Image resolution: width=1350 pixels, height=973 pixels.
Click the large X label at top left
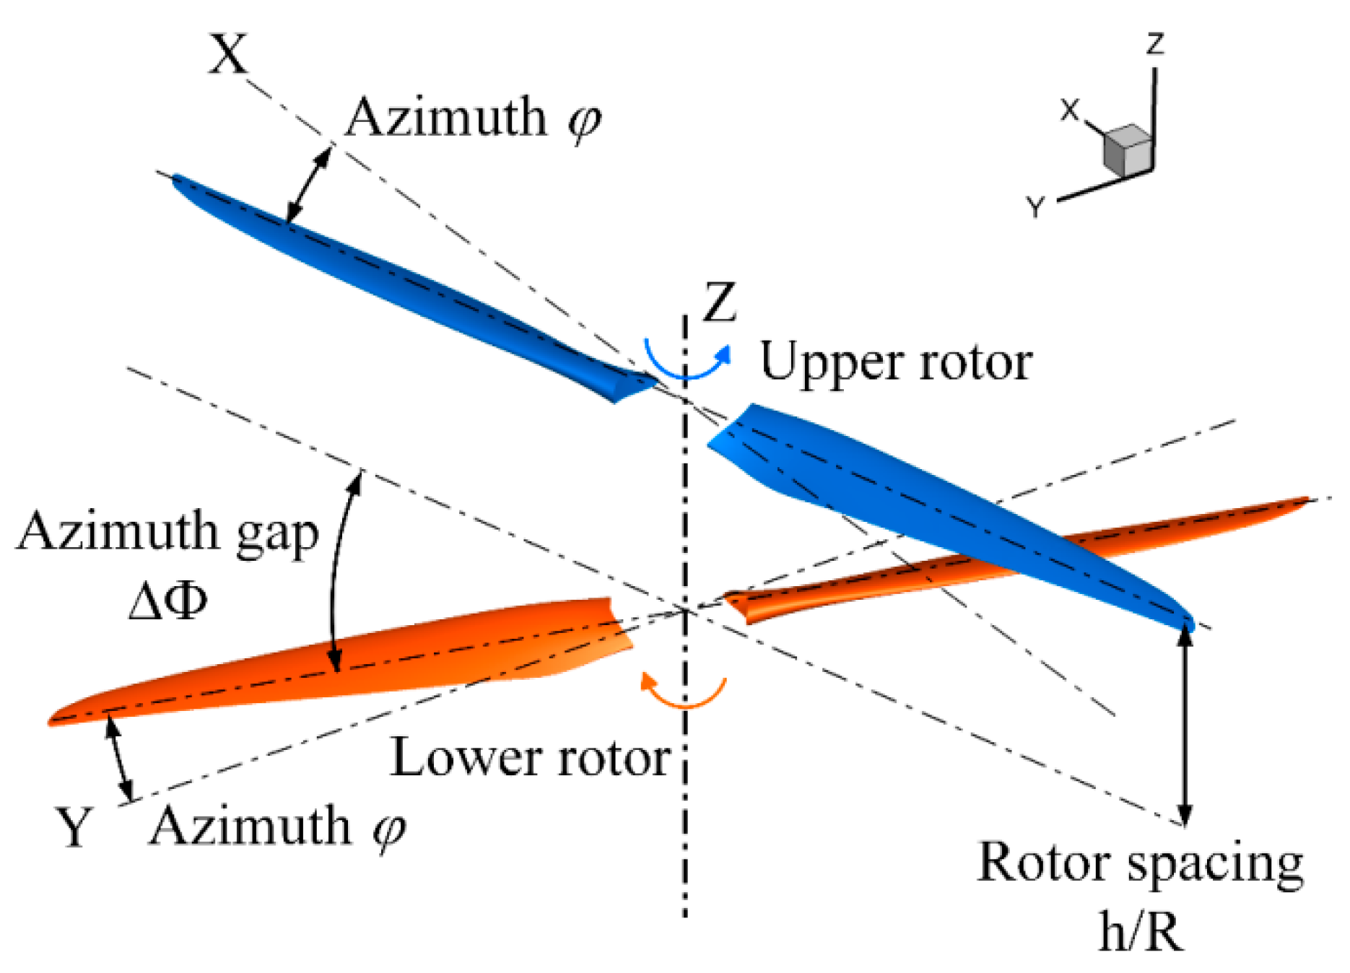click(x=228, y=55)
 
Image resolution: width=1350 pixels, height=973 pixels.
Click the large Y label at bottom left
click(x=74, y=827)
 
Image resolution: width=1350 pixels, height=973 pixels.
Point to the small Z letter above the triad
click(x=1155, y=44)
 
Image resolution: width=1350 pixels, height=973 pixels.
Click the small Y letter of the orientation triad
click(x=1035, y=207)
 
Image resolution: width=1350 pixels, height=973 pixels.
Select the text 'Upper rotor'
click(x=896, y=362)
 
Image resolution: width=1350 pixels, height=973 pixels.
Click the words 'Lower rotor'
click(x=531, y=759)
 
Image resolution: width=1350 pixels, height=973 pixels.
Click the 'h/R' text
click(x=1141, y=931)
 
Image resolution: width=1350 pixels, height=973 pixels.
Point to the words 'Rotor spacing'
click(x=1140, y=863)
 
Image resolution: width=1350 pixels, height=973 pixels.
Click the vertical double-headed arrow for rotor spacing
click(x=1184, y=725)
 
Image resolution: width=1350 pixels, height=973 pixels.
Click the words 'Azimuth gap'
click(x=167, y=533)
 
